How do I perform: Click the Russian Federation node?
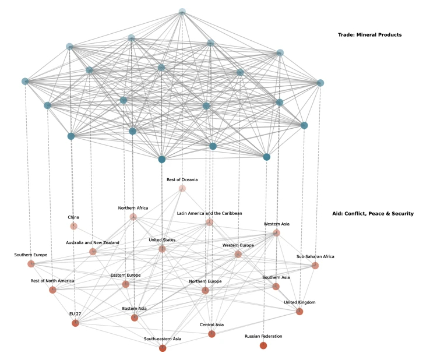pyautogui.click(x=263, y=345)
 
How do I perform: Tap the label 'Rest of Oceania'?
pyautogui.click(x=182, y=179)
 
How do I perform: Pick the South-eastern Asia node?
pyautogui.click(x=162, y=348)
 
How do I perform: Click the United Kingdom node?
pyautogui.click(x=299, y=312)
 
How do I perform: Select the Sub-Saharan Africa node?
pyautogui.click(x=315, y=266)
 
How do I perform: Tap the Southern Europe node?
pyautogui.click(x=31, y=264)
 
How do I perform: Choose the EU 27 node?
pyautogui.click(x=75, y=323)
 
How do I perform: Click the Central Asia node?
pyautogui.click(x=211, y=334)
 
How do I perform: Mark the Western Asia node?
pyautogui.click(x=277, y=233)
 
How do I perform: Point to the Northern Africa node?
pyautogui.click(x=133, y=217)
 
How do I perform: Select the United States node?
pyautogui.click(x=162, y=249)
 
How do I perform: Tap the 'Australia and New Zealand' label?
pyautogui.click(x=93, y=242)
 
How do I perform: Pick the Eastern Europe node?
pyautogui.click(x=125, y=284)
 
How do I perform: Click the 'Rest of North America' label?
pyautogui.click(x=52, y=281)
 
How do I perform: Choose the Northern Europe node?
pyautogui.click(x=205, y=291)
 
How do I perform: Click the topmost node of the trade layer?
pyautogui.click(x=182, y=11)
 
